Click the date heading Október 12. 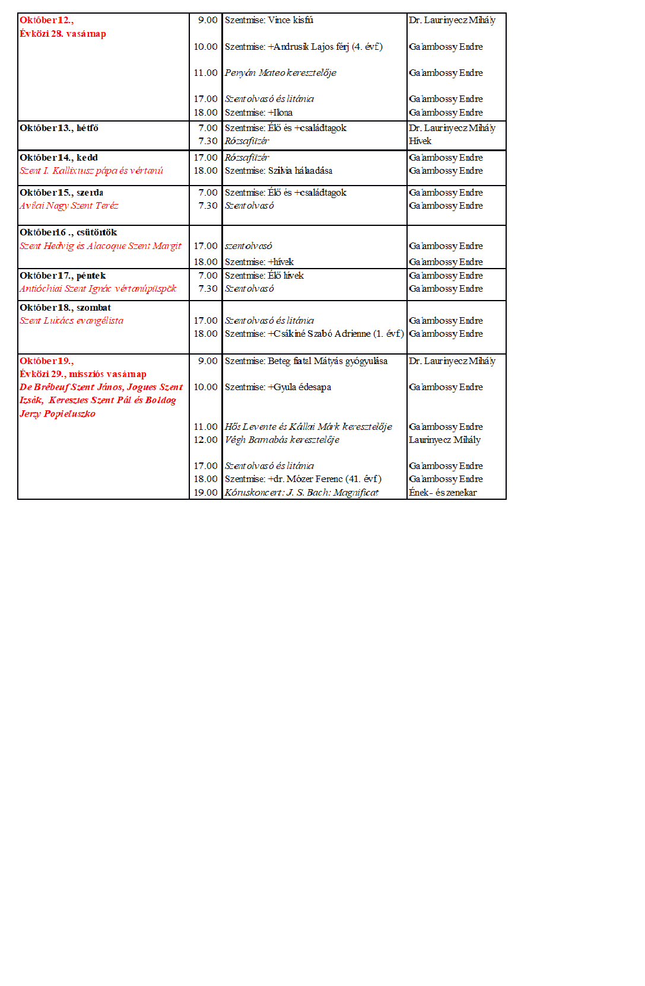[46, 20]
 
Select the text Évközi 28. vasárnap [63, 34]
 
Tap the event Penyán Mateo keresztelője [280, 73]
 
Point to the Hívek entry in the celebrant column [420, 141]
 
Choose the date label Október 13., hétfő [59, 128]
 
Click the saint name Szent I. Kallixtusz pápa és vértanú [91, 171]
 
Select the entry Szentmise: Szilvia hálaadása [278, 171]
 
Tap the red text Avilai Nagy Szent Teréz [69, 206]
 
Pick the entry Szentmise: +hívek [259, 262]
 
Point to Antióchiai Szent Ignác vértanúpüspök [98, 289]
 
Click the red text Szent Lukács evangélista [71, 321]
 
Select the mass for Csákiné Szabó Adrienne [314, 334]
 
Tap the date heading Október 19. [46, 361]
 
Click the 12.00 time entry [205, 440]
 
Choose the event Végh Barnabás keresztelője [282, 440]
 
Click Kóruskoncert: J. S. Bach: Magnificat [301, 493]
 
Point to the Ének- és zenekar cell [443, 493]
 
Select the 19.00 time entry [205, 493]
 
